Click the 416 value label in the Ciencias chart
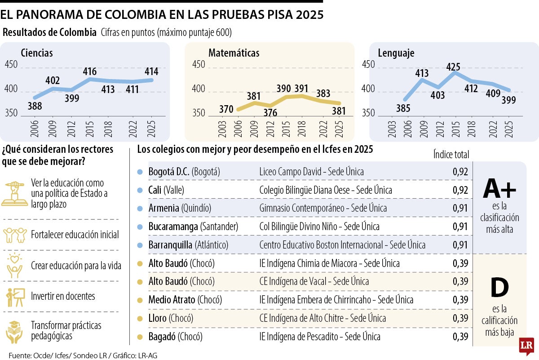(90, 71)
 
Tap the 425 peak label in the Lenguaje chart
(453, 67)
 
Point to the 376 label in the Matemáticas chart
(270, 112)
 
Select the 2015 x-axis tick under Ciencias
(89, 129)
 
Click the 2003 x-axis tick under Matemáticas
(222, 129)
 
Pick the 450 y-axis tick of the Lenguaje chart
(368, 65)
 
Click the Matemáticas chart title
(234, 53)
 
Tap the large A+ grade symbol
(499, 188)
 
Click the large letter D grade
(500, 287)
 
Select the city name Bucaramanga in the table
(173, 227)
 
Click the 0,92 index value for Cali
(460, 190)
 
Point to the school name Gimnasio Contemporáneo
(302, 208)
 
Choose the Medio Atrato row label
(172, 300)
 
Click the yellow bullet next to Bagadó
(140, 337)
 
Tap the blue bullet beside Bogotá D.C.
(140, 172)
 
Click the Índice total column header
(451, 154)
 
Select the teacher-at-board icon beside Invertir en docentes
(16, 297)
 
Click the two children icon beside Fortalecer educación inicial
(15, 235)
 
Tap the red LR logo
(526, 346)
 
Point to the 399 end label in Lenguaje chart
(508, 100)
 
